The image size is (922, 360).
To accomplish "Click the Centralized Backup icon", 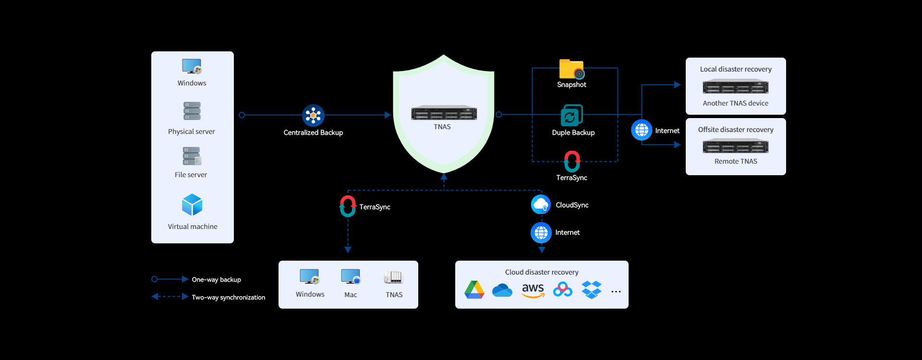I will [x=313, y=116].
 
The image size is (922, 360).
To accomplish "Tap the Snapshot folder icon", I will [x=571, y=69].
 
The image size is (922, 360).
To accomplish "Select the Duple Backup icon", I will [x=571, y=116].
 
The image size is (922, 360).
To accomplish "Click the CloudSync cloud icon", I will [x=541, y=204].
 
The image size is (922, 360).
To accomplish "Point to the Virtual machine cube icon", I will [x=192, y=205].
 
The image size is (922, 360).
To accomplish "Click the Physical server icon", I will [x=192, y=111].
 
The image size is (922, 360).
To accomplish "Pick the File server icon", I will [x=192, y=156].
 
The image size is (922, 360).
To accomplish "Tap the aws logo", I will [x=533, y=290].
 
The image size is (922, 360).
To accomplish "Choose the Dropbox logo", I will [x=591, y=290].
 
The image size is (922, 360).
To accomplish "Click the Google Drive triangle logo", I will [x=474, y=290].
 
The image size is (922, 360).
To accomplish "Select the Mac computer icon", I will [x=351, y=277].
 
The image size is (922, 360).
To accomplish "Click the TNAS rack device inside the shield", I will [x=444, y=113].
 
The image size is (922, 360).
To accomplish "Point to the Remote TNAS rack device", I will [x=735, y=146].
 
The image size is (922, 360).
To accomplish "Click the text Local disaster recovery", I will [x=735, y=69].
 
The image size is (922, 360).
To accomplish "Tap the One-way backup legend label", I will [x=216, y=279].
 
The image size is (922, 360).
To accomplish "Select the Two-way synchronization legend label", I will [x=228, y=297].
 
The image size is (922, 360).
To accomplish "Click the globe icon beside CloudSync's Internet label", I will [x=541, y=233].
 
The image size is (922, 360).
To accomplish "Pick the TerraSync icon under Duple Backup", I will [x=571, y=161].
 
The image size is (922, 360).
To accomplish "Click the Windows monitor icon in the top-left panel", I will [x=192, y=66].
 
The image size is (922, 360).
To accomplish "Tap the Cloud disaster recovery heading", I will [x=541, y=272].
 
